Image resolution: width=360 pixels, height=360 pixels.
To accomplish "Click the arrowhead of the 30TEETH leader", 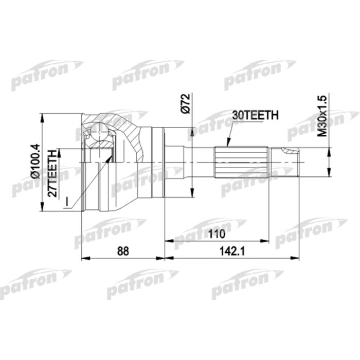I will click(227, 146).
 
